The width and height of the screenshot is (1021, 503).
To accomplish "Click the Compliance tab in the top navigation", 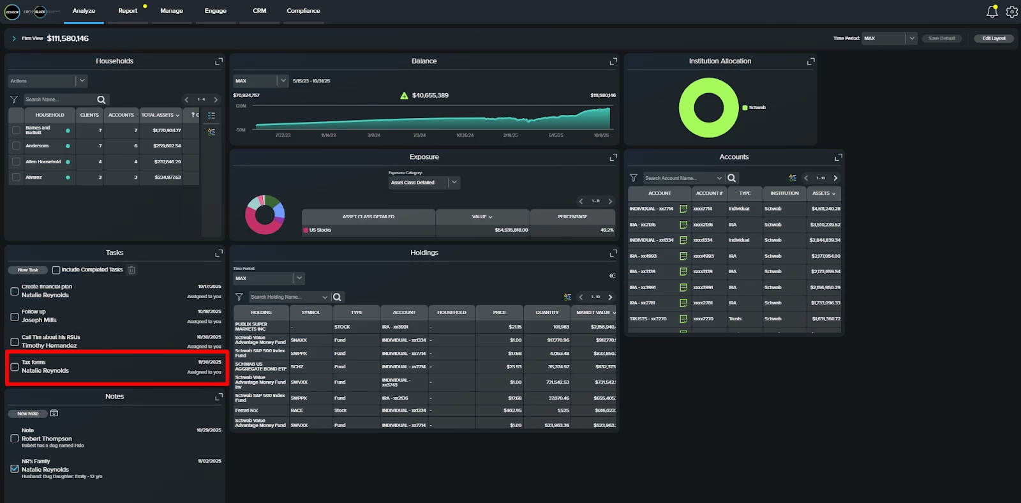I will [303, 11].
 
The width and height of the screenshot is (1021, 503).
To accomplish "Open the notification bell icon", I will [992, 11].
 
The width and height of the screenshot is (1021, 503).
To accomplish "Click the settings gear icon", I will [1011, 11].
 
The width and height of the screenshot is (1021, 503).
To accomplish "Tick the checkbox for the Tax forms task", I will [15, 367].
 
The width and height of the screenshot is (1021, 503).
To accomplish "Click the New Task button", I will [28, 270].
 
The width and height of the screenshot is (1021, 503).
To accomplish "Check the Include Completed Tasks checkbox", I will [56, 270].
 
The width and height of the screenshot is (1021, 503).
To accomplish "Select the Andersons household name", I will [37, 146].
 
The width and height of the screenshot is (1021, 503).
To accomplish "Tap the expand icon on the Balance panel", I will [613, 61].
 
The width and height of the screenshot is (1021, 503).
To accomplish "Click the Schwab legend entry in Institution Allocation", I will [757, 108].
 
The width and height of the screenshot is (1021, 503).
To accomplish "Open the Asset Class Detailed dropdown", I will [424, 183].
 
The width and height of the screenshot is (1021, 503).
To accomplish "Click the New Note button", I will [28, 414].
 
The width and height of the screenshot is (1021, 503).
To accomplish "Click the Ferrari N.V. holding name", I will [247, 410].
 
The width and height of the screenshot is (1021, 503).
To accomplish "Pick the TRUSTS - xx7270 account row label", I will [648, 319].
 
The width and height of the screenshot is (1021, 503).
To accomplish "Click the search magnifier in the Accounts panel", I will [731, 178].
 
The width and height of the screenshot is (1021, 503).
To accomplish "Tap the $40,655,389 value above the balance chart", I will [430, 96].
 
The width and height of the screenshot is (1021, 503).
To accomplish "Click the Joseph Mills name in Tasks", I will [39, 320].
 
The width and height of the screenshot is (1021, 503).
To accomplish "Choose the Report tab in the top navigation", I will [128, 11].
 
